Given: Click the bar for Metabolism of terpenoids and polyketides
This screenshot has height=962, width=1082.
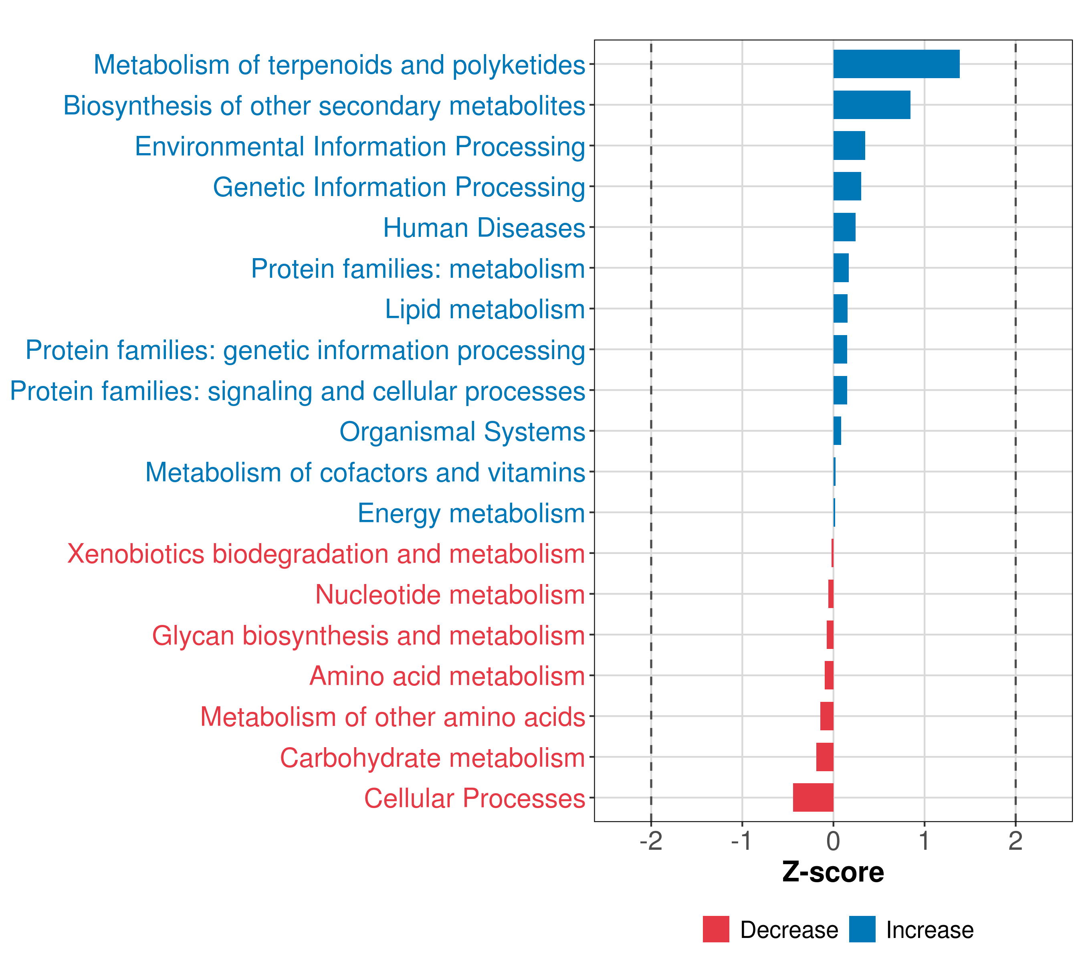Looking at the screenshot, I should pos(896,64).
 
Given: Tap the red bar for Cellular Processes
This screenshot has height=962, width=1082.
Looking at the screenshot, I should pos(813,797).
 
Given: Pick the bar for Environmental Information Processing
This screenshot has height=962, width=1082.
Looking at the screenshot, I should pos(849,146).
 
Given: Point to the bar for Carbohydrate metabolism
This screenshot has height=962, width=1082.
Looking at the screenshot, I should pos(825,757).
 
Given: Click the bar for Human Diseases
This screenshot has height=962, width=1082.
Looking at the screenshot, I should pos(844,227).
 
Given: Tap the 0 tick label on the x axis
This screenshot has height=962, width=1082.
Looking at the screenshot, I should pos(833,841).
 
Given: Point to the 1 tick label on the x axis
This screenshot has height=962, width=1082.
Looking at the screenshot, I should pos(924,841).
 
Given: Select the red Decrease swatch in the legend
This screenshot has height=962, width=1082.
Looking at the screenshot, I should pos(716,929).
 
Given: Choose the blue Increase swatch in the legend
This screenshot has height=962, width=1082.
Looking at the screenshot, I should pos(862,929).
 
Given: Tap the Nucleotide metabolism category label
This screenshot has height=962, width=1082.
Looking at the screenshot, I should pos(450,594).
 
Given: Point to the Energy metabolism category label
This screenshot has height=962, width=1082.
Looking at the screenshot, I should pos(471,513).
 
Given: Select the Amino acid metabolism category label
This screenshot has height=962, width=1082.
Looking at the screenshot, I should pos(447,676).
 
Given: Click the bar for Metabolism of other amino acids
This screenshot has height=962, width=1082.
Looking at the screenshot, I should pos(827,716).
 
